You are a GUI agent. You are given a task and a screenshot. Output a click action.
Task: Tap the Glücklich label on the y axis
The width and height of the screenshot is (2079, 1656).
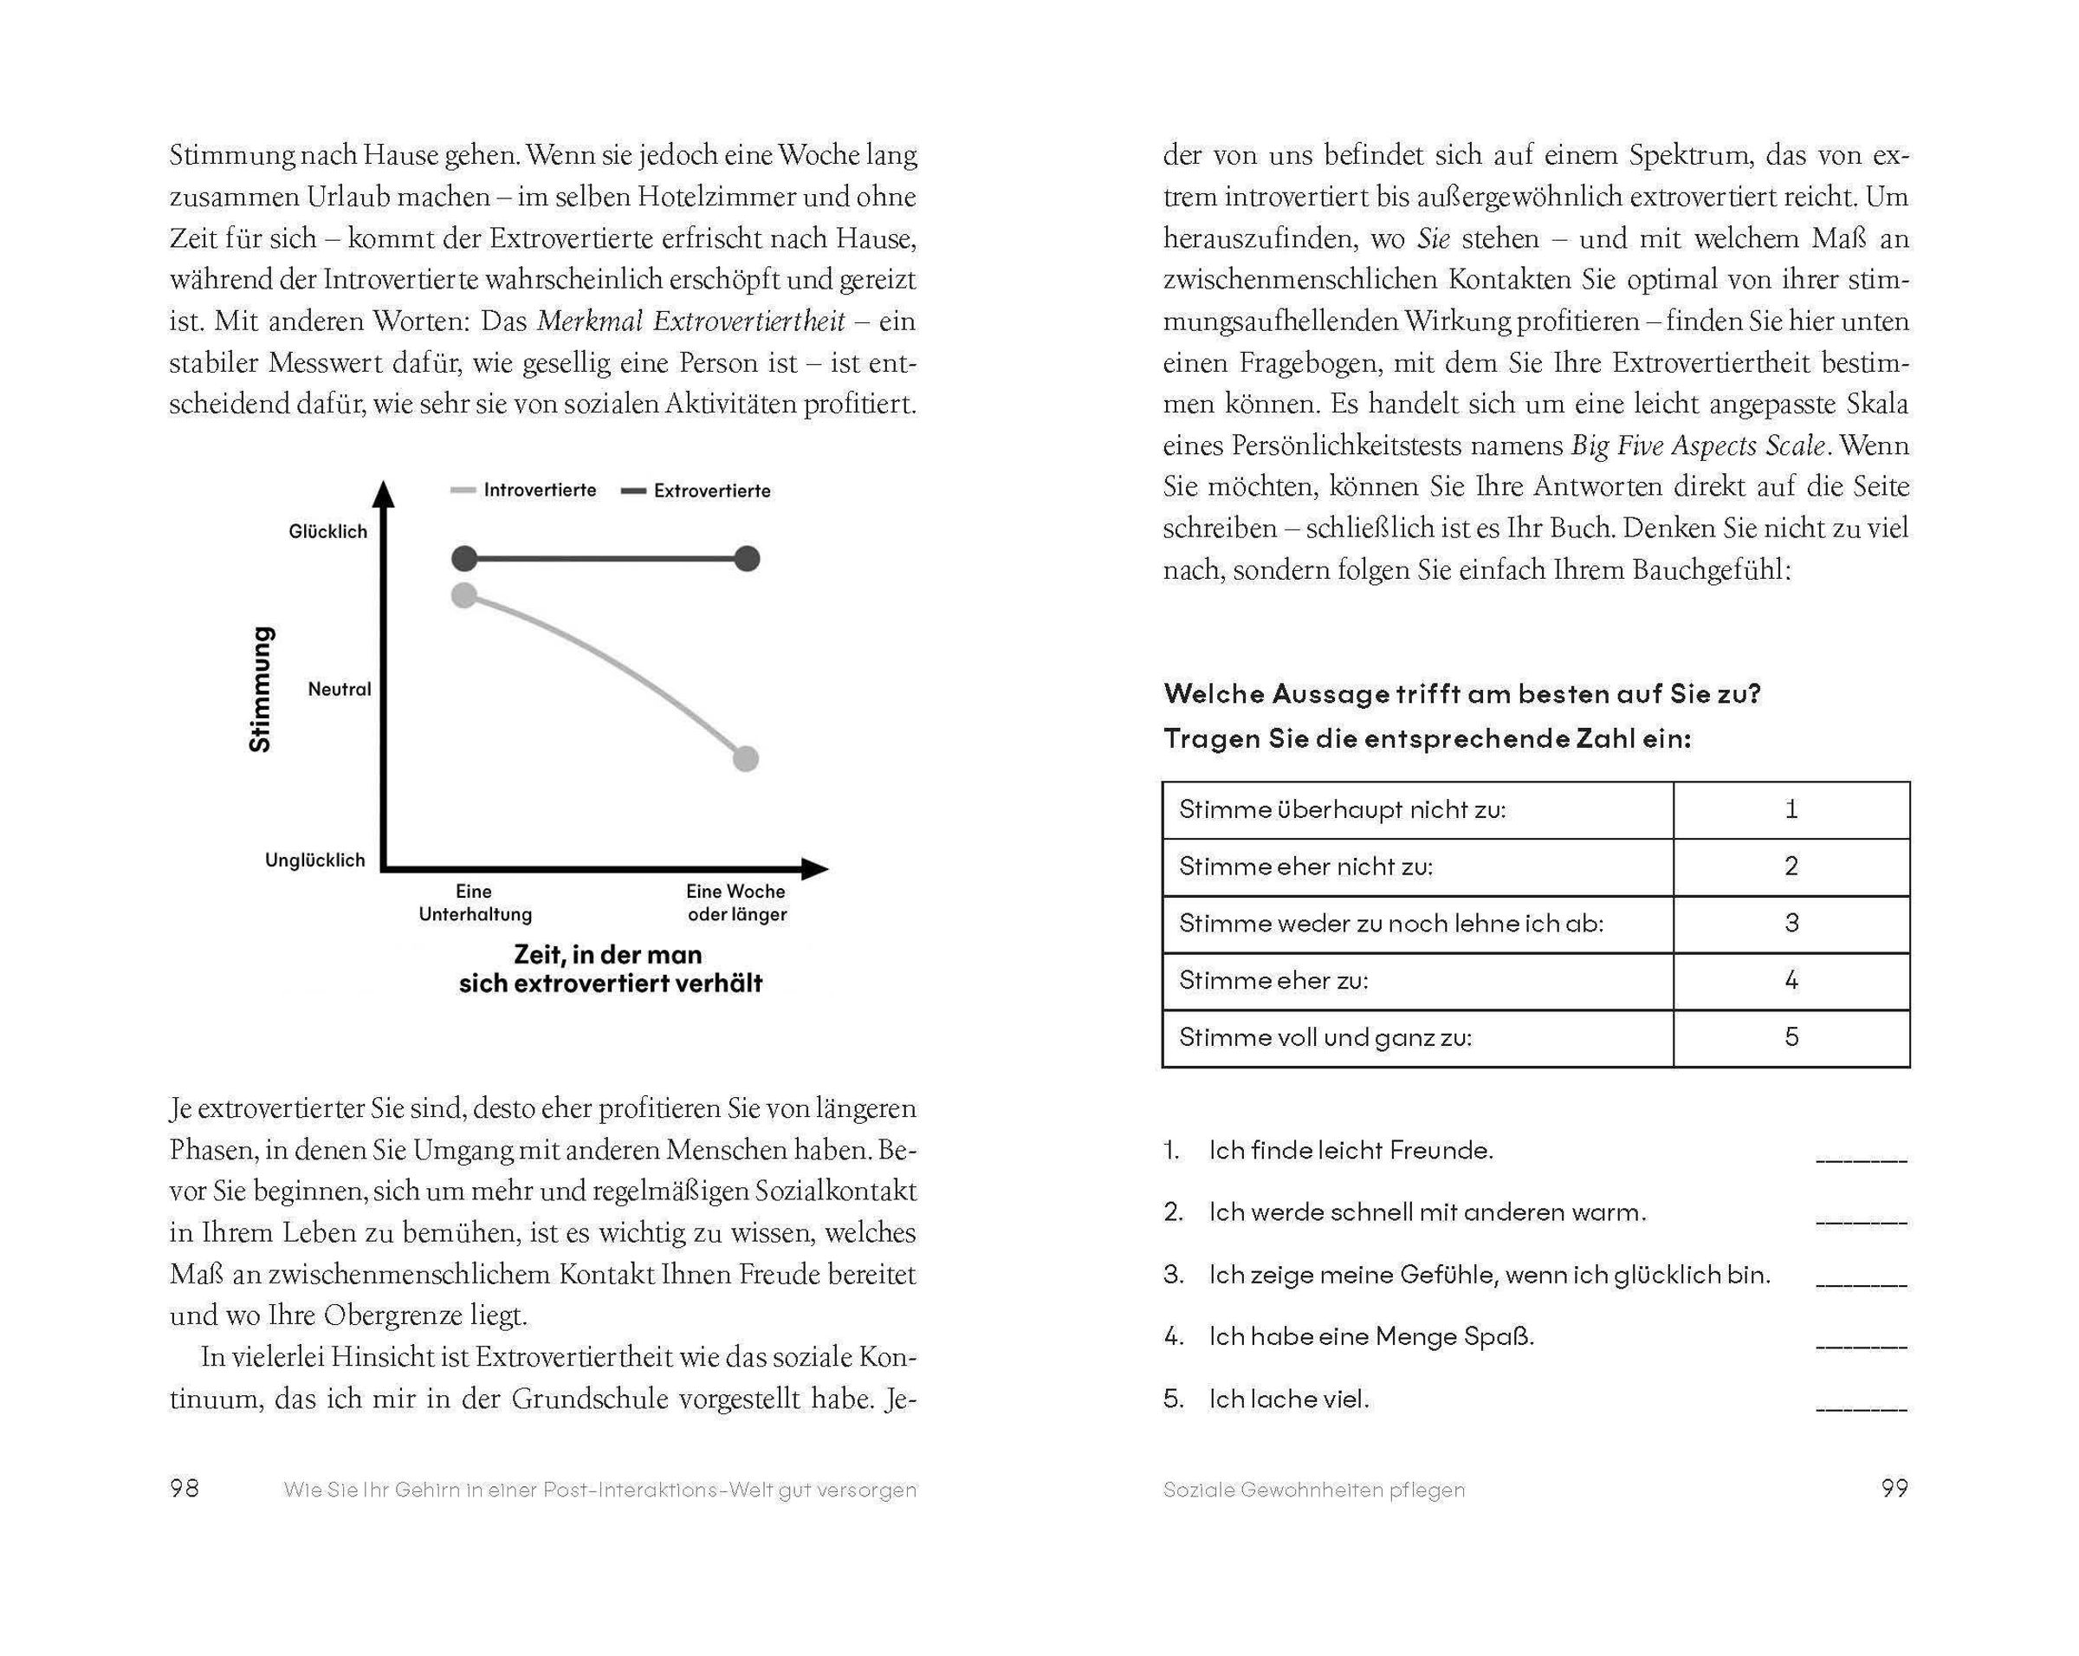(327, 531)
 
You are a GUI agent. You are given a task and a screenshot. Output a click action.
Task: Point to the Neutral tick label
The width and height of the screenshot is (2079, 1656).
(339, 690)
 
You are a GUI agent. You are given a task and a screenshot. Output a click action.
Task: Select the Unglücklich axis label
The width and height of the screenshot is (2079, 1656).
(315, 860)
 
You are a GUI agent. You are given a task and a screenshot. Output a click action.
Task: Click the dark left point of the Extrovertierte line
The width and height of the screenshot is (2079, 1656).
(465, 558)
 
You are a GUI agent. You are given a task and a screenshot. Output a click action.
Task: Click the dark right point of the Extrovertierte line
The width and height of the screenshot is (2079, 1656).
(747, 558)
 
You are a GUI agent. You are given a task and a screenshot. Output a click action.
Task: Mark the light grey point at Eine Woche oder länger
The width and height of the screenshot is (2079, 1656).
(745, 759)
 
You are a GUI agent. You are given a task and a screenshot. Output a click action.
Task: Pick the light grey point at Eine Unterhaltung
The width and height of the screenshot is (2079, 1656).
(465, 595)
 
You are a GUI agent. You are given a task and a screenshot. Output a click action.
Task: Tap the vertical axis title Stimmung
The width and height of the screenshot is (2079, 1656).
(261, 689)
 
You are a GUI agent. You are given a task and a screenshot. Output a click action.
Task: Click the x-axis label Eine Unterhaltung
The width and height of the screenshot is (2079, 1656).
(475, 903)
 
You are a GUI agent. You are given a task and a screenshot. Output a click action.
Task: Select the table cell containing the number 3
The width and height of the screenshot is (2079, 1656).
(1791, 924)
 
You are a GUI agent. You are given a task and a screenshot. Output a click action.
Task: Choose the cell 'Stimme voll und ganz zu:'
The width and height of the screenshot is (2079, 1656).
(1417, 1038)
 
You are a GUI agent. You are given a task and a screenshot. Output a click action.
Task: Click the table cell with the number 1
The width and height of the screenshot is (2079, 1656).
(1791, 810)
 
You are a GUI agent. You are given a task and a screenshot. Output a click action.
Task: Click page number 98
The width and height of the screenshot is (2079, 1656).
(185, 1488)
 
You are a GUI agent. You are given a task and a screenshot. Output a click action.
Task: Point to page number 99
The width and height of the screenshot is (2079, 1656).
(1894, 1488)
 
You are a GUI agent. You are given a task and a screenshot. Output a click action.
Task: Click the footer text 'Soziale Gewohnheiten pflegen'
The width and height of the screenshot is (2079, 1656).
(1313, 1490)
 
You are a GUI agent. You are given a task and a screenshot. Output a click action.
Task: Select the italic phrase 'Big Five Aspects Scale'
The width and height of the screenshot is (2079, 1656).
(1698, 445)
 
